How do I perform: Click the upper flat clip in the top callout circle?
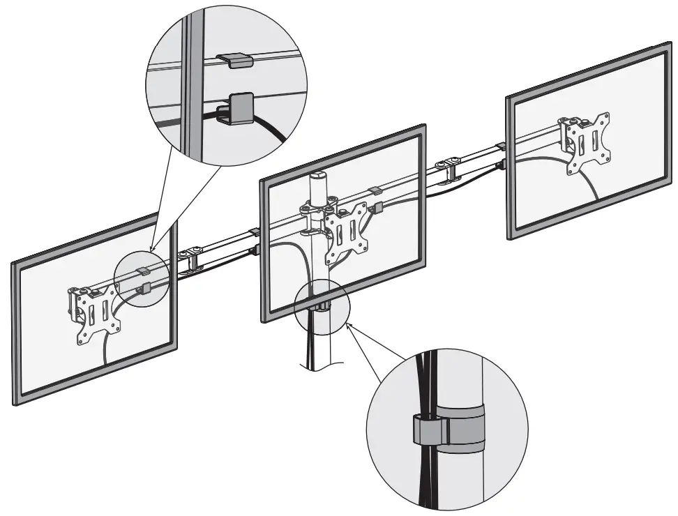232,60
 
